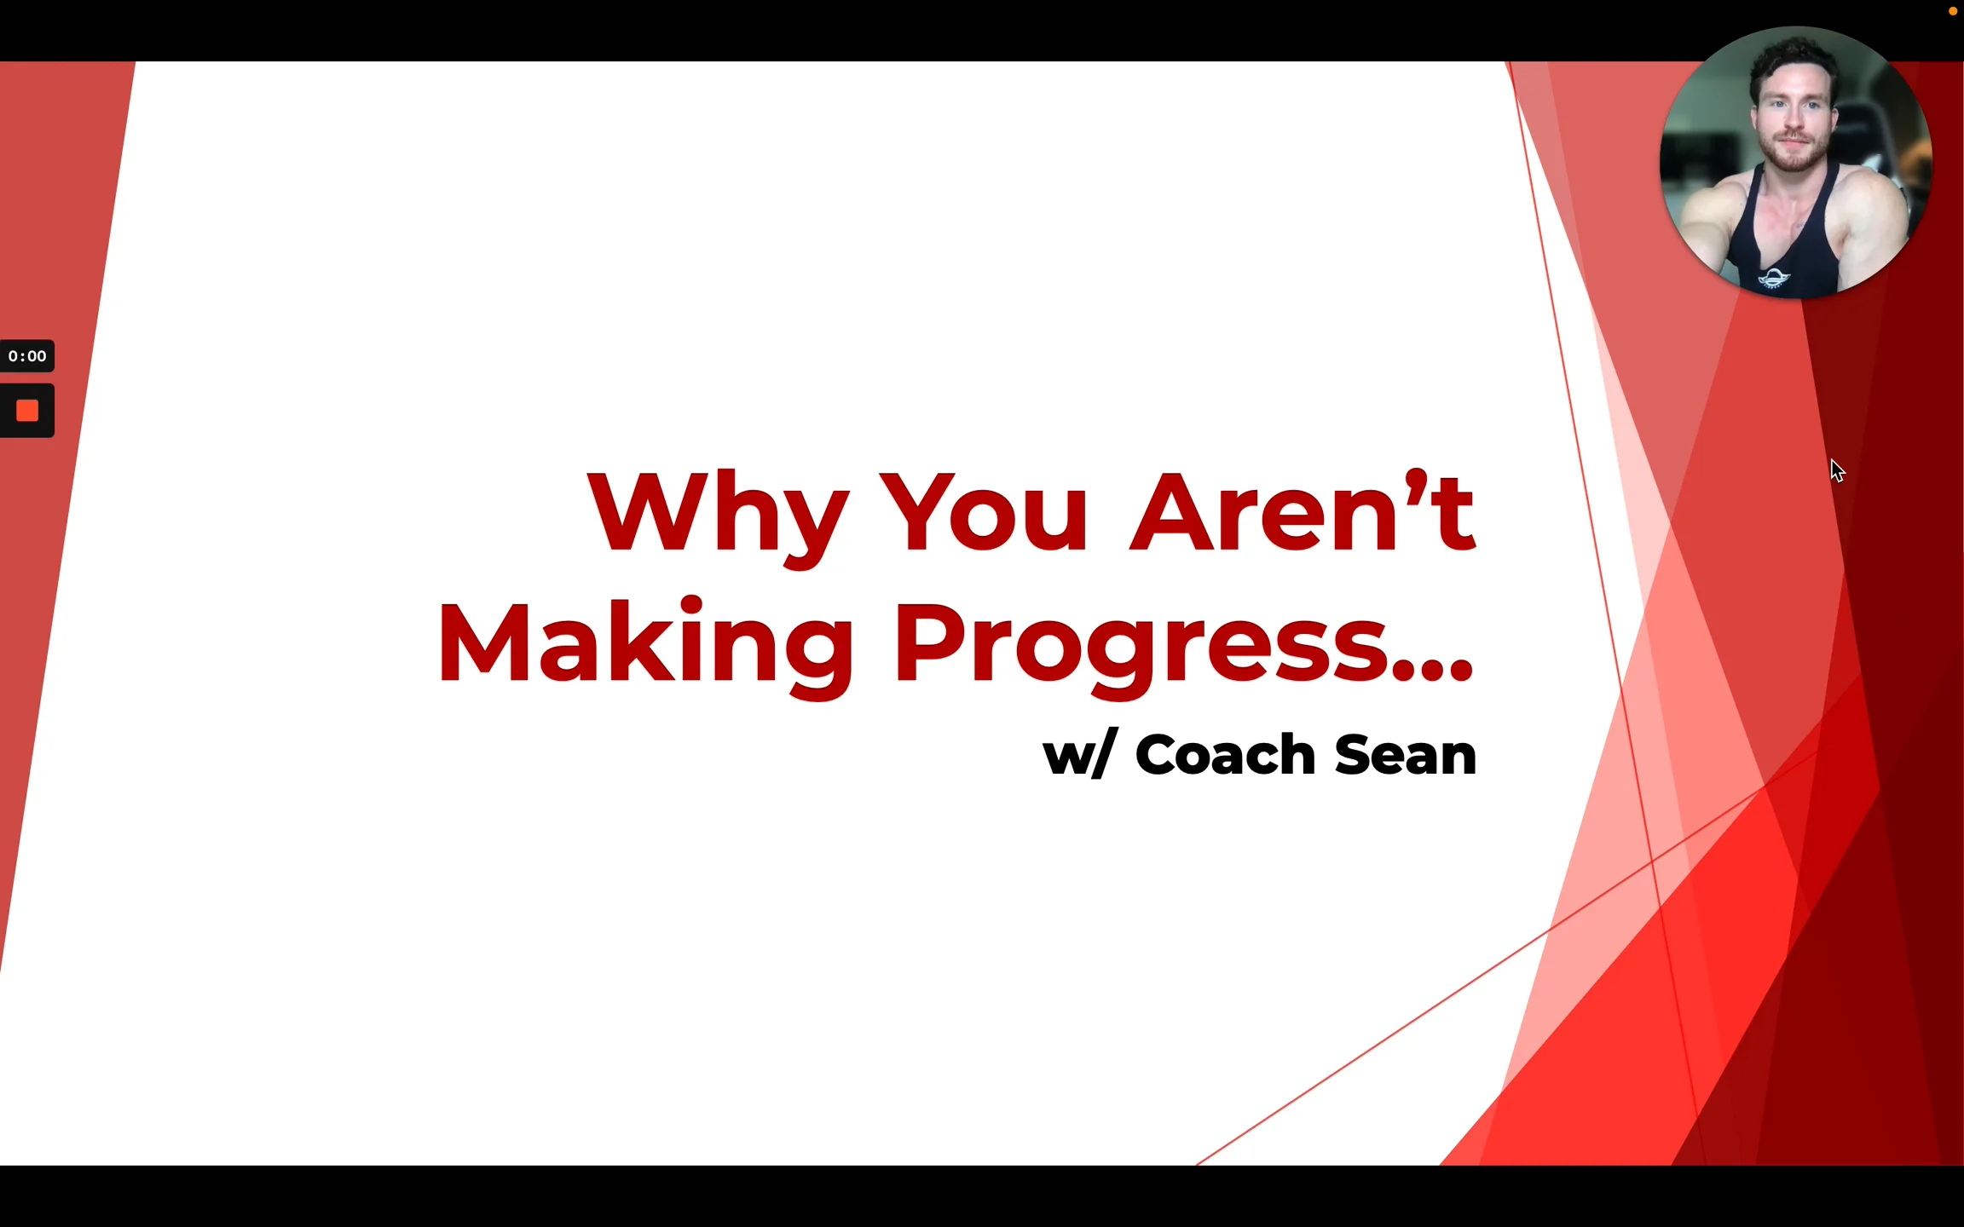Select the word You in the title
pos(983,511)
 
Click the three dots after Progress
pos(1433,669)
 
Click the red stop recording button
pos(27,411)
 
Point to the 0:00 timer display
pos(27,356)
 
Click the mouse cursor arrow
pos(1837,471)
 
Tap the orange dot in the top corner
pos(1952,11)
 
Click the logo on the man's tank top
pos(1774,278)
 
